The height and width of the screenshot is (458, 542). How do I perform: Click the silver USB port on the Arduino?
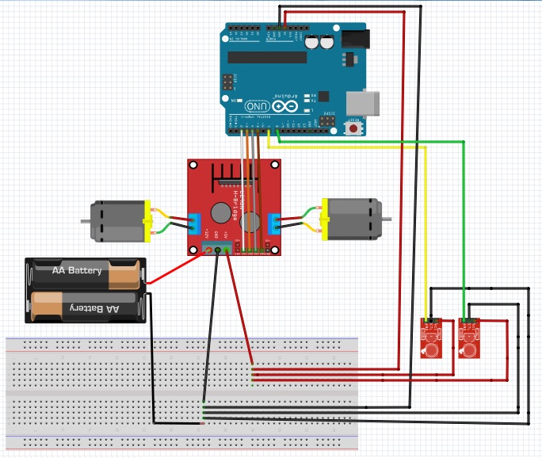coord(365,102)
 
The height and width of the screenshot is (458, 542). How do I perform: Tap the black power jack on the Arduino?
coord(356,37)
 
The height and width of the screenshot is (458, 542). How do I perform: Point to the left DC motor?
coord(116,221)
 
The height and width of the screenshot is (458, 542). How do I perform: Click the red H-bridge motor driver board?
coord(235,208)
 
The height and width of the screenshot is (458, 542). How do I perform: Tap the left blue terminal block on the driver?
coord(194,223)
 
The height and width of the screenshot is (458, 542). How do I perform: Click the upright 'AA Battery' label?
coord(77,271)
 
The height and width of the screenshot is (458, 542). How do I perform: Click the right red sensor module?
coord(471,340)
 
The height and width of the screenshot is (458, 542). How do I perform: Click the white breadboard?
coord(182,392)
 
